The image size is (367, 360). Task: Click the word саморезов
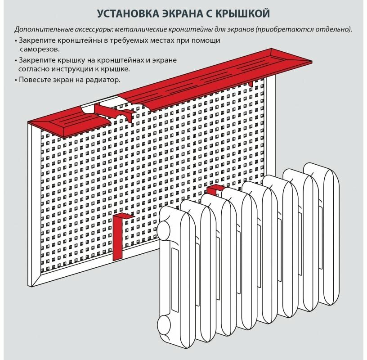(40, 49)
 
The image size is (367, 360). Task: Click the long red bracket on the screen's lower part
(120, 236)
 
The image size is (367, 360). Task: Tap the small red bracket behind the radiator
(215, 188)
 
